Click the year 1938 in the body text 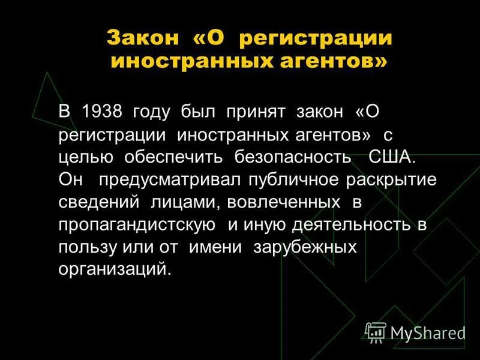tap(102, 112)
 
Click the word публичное tap(281, 179)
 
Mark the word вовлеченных tap(275, 202)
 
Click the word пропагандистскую tap(137, 224)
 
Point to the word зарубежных tap(305, 247)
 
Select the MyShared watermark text tap(427, 332)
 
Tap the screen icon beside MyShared tap(376, 331)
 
